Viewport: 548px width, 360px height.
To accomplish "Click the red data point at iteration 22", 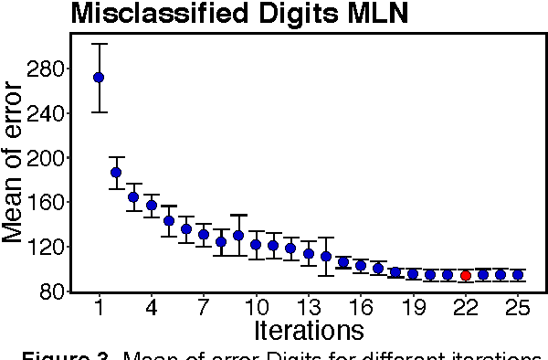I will [x=465, y=275].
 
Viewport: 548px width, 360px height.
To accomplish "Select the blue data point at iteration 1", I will [x=99, y=78].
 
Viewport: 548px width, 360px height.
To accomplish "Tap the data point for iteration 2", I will [x=116, y=172].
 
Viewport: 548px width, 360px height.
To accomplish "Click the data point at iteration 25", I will [x=518, y=274].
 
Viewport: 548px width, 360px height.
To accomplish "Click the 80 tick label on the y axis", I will [x=50, y=291].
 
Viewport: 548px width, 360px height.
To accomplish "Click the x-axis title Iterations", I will [x=311, y=329].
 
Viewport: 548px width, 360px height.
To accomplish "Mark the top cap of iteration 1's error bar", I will [x=99, y=44].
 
